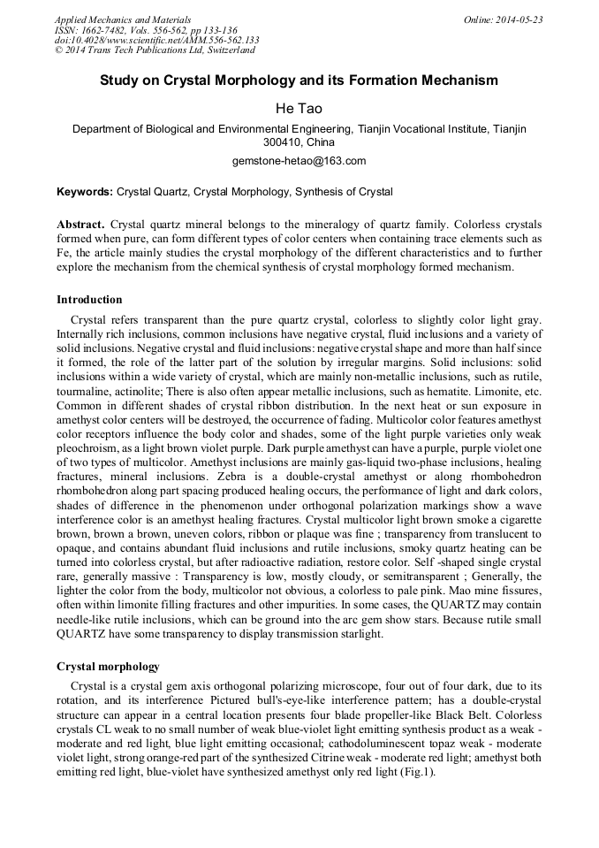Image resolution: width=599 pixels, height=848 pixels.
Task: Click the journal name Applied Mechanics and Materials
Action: coord(122,19)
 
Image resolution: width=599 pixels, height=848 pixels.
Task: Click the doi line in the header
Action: coord(156,40)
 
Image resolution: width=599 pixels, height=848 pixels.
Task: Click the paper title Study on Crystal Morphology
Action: coord(299,80)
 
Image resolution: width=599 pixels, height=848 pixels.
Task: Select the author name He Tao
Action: coord(299,108)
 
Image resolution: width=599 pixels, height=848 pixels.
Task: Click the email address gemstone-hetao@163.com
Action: coord(299,161)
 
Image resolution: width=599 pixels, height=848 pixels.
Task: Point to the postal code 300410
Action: coord(283,141)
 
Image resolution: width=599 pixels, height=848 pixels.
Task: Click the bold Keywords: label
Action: coord(85,191)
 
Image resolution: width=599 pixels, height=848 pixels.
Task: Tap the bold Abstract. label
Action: coord(81,225)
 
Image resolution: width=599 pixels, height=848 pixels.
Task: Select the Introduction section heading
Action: coord(89,300)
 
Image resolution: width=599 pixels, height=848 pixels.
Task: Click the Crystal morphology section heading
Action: coord(108,665)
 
